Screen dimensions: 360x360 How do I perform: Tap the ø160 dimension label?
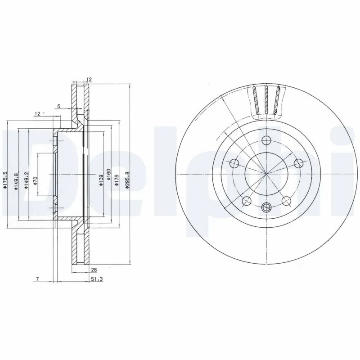pyautogui.click(x=108, y=175)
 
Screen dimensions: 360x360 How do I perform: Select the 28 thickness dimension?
pyautogui.click(x=94, y=270)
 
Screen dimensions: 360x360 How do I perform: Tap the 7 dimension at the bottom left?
pyautogui.click(x=38, y=279)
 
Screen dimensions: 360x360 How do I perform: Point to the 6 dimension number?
pyautogui.click(x=58, y=106)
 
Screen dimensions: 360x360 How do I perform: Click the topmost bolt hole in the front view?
pyautogui.click(x=266, y=139)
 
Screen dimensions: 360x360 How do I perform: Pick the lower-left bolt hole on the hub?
pyautogui.click(x=246, y=201)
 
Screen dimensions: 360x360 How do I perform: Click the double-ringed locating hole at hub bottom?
pyautogui.click(x=266, y=207)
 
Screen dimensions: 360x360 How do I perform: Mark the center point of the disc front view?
pyautogui.click(x=266, y=174)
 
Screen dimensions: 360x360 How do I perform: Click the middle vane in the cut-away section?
pyautogui.click(x=266, y=100)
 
